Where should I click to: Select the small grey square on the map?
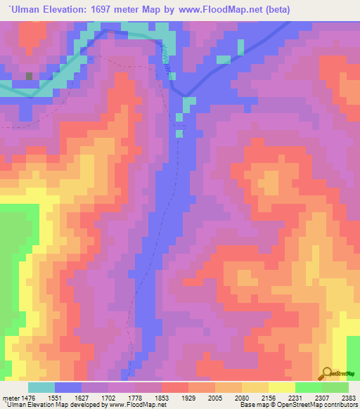29,75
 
